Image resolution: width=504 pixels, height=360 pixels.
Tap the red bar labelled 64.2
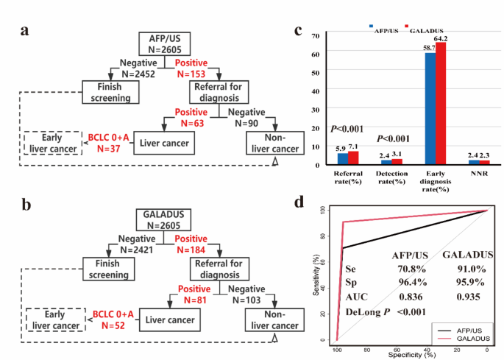(441, 103)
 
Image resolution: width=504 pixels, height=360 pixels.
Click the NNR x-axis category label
(478, 174)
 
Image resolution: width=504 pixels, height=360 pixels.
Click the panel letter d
(299, 201)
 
